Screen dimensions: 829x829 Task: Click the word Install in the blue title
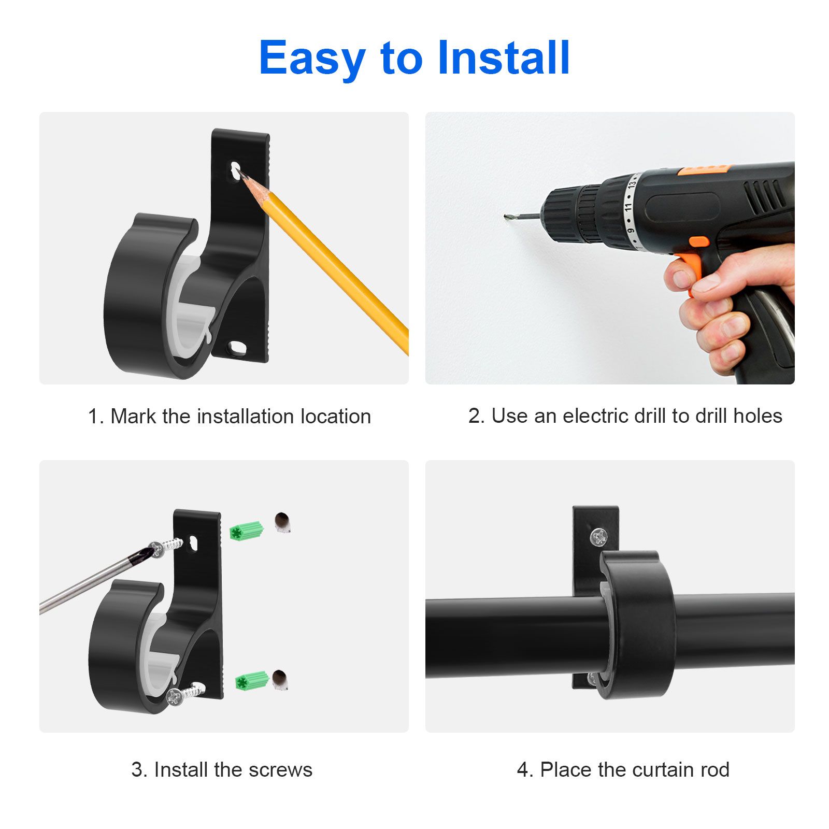(503, 58)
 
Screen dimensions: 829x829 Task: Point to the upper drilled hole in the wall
(282, 522)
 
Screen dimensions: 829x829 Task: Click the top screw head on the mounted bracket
(598, 536)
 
